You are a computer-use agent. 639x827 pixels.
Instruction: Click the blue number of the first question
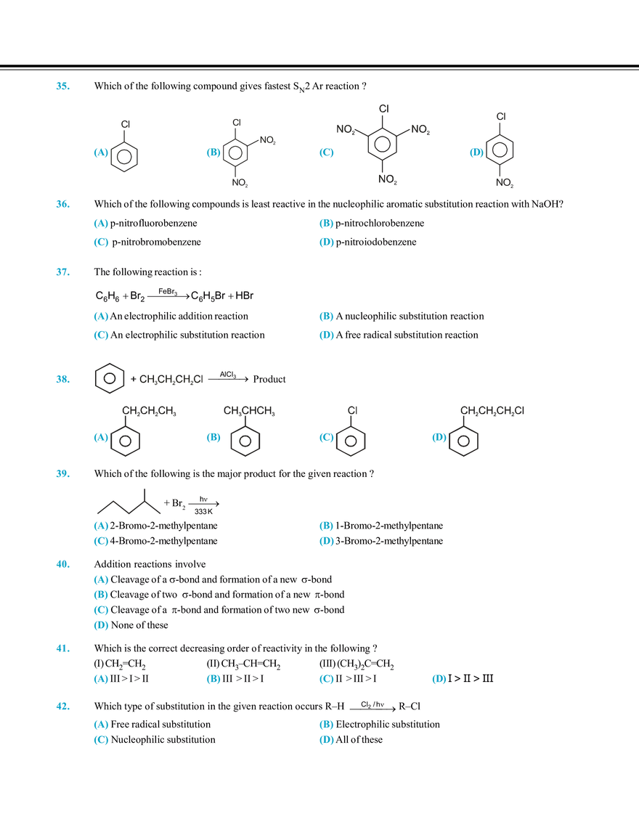click(x=62, y=87)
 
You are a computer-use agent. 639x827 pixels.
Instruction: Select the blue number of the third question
click(x=62, y=272)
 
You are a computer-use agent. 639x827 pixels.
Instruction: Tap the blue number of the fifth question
click(x=62, y=474)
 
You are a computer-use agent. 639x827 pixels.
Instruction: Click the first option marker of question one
click(x=99, y=153)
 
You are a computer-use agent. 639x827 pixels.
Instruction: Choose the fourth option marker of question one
click(x=475, y=153)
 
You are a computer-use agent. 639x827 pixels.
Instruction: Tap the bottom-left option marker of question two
click(x=101, y=242)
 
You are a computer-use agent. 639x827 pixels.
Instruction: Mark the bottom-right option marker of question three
click(x=326, y=335)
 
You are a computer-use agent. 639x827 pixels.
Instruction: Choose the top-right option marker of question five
click(x=326, y=524)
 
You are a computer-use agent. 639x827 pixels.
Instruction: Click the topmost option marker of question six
click(x=101, y=579)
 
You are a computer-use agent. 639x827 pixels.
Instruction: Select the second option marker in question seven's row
click(x=212, y=679)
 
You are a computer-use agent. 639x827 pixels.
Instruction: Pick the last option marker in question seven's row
click(x=438, y=679)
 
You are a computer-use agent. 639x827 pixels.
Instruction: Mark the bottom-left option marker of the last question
click(x=101, y=741)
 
